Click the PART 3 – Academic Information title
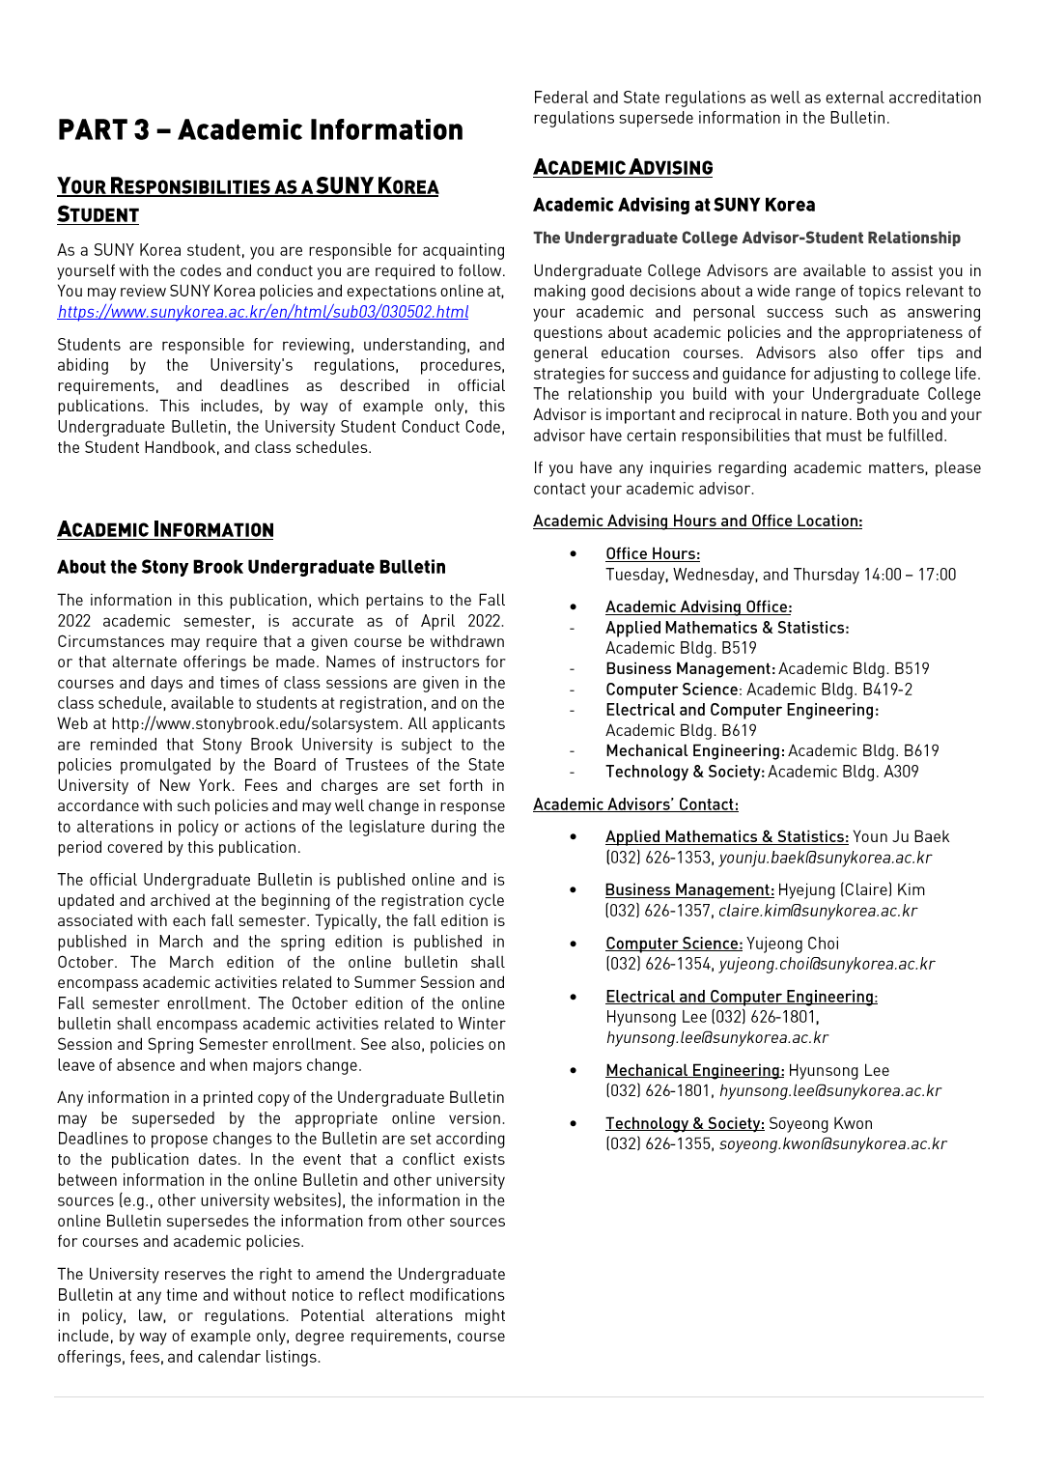260,130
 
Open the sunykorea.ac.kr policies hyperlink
263,312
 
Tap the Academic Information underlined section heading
165,529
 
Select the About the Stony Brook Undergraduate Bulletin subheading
251,567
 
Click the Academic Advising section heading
623,167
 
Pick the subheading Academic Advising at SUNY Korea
674,205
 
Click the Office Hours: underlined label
653,553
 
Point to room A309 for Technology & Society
901,772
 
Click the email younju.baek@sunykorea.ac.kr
826,858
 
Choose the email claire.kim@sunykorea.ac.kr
818,911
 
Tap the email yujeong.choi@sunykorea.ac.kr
827,964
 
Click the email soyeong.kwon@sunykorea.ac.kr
832,1144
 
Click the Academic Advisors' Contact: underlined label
635,804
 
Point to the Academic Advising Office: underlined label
698,606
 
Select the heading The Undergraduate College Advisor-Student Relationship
746,238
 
